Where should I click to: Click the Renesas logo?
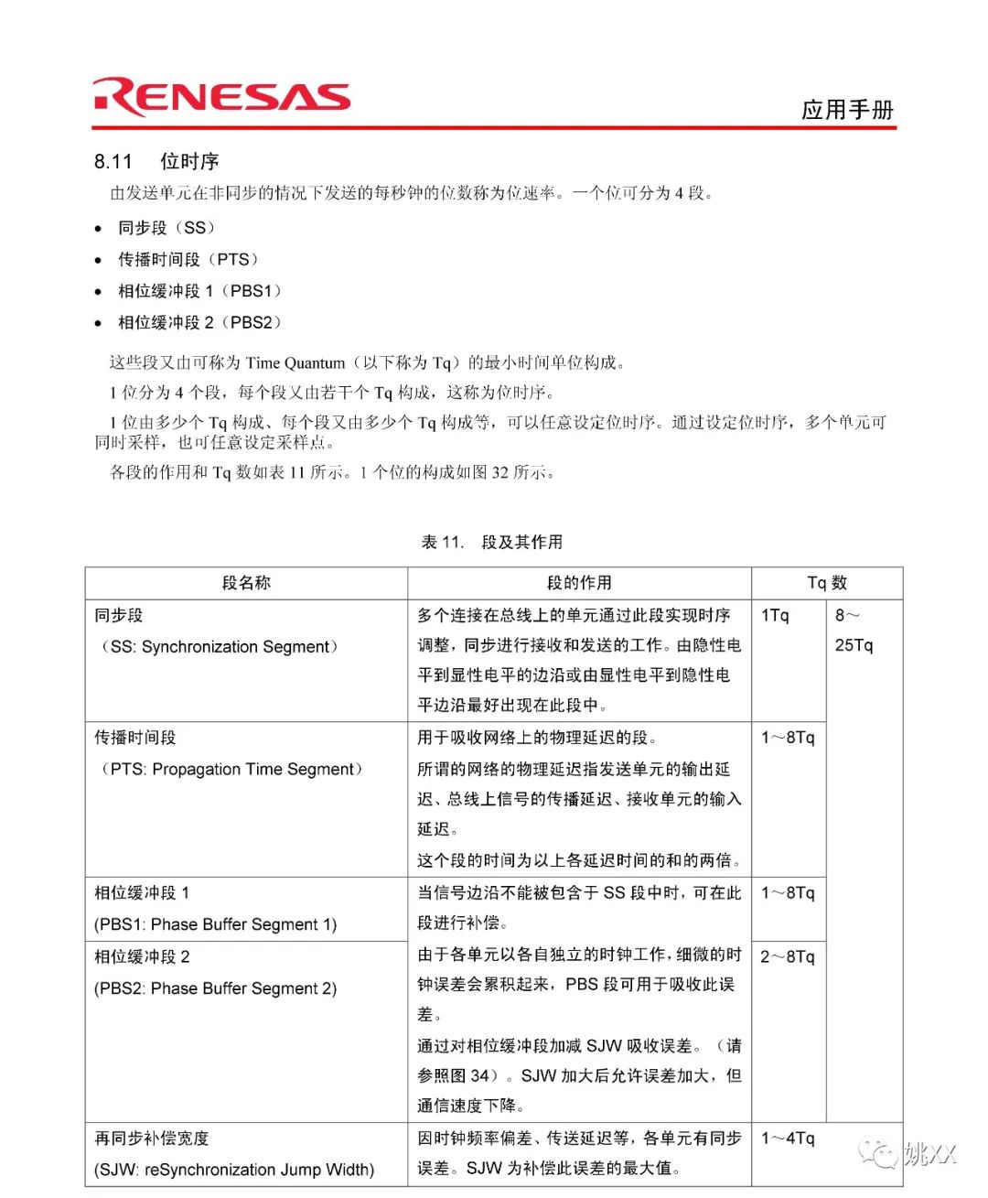tap(220, 97)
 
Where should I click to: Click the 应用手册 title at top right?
tap(846, 110)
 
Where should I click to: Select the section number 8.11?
tap(113, 162)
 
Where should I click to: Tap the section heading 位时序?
tap(189, 162)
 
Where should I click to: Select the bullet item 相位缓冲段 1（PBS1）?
tap(199, 291)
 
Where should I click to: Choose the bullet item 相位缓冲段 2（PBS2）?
tap(199, 322)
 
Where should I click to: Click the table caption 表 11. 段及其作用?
tap(492, 542)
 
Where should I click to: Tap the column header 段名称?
tap(246, 583)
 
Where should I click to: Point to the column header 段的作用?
tap(579, 583)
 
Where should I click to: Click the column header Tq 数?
tap(827, 583)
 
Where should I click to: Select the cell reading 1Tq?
tap(774, 616)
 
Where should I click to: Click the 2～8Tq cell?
tap(787, 956)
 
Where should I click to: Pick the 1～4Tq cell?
tap(787, 1138)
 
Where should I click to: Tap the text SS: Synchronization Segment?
tap(220, 647)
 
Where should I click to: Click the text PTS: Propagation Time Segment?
tap(231, 770)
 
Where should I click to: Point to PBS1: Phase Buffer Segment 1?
tap(216, 924)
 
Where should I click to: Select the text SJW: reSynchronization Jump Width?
tap(234, 1170)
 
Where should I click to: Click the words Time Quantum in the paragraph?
tap(295, 363)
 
